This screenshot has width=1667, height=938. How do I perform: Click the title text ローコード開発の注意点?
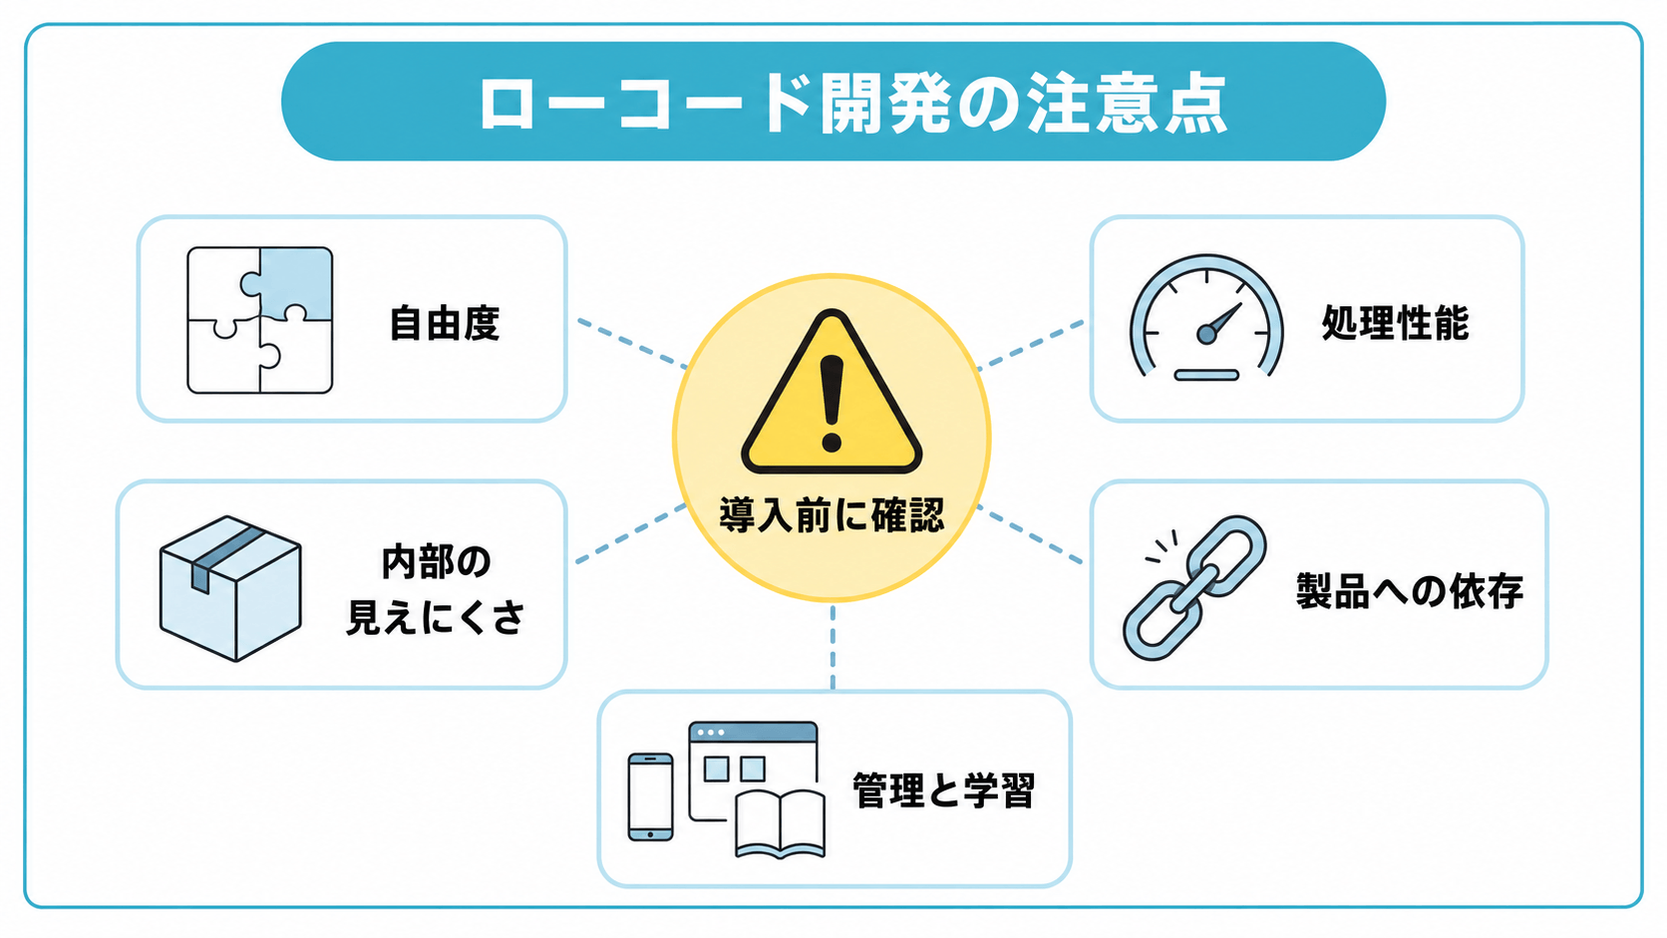coord(852,104)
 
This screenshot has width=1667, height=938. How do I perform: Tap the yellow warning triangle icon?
coord(832,392)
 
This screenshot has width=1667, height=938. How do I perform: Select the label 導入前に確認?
coord(833,514)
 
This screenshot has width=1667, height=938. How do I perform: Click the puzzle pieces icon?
coord(260,320)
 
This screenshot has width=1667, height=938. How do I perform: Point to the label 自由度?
coord(445,323)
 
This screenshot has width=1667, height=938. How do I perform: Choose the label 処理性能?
coord(1396,323)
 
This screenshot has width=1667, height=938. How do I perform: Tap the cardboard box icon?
coord(230,588)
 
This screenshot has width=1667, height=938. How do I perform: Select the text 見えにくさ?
coord(436,617)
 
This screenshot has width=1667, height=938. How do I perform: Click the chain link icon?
coord(1194,588)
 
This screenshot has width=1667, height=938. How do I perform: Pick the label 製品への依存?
coord(1410,591)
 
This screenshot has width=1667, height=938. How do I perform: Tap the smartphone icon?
coord(650,796)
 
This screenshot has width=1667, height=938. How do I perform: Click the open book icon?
coord(780,824)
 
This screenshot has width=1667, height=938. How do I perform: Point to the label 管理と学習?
coord(943,790)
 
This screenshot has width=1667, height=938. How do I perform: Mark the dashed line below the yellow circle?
coord(833,647)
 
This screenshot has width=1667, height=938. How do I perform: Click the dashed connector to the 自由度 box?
coord(632,344)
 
